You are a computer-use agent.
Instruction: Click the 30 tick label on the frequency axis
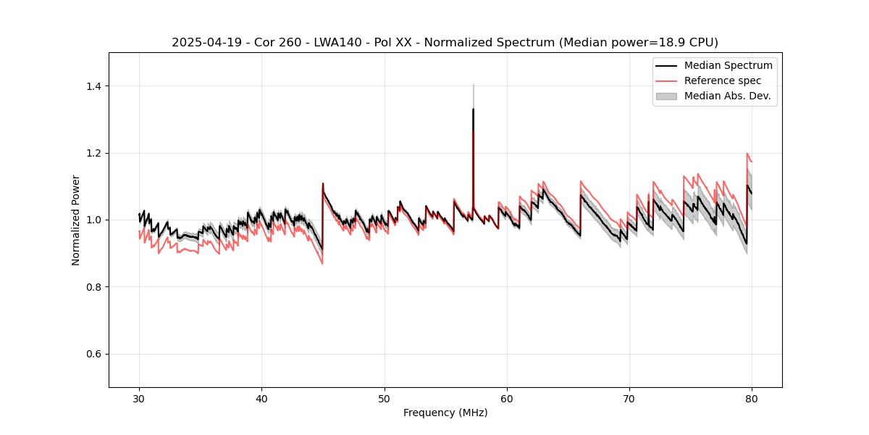(x=140, y=399)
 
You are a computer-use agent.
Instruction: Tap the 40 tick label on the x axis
(x=262, y=399)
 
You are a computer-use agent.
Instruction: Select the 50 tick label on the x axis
(x=385, y=399)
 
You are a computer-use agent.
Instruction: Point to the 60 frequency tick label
(x=507, y=399)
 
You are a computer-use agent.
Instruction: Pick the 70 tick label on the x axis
(x=629, y=399)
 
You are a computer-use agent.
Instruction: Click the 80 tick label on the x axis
(x=752, y=399)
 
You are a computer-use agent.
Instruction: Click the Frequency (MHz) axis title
(x=445, y=413)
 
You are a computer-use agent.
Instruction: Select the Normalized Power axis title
(x=76, y=220)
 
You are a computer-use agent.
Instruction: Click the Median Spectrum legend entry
(x=728, y=65)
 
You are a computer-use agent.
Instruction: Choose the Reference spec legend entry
(x=723, y=80)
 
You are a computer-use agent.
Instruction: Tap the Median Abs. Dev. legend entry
(x=728, y=96)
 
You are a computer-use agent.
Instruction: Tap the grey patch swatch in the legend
(x=666, y=96)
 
